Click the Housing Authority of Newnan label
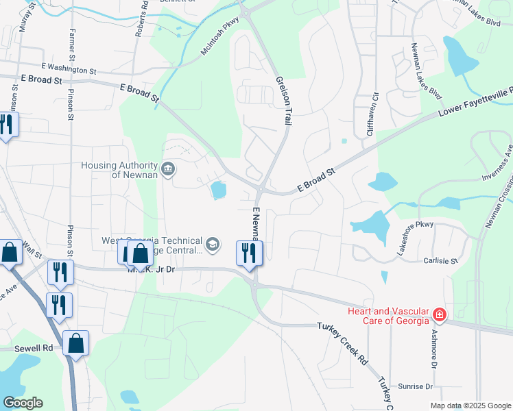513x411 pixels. tap(120, 169)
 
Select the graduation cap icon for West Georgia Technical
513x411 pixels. tap(213, 244)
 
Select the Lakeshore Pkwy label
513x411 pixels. tap(416, 238)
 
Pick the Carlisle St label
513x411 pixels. tap(441, 261)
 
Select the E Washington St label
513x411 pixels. tap(69, 69)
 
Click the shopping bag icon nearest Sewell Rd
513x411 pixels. tap(75, 342)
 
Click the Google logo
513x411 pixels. tap(23, 403)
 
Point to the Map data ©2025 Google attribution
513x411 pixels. tap(470, 406)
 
